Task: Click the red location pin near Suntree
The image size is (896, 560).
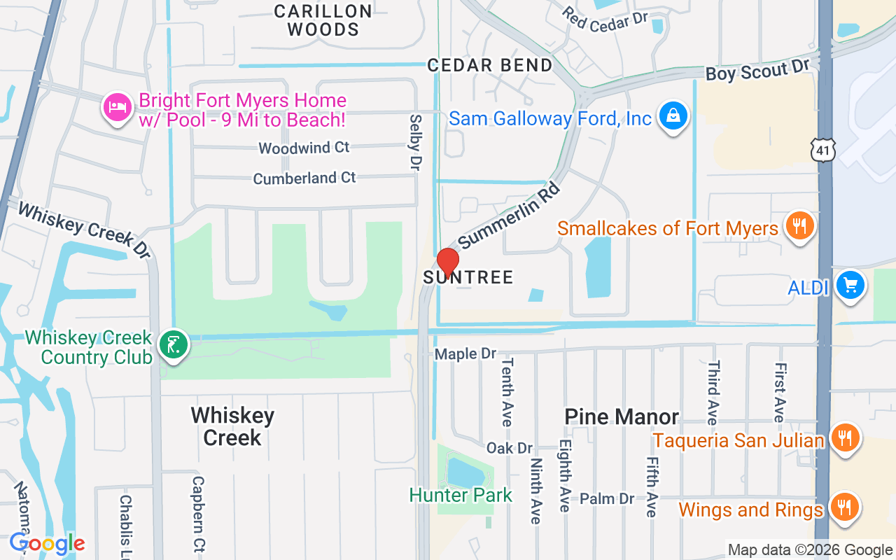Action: tap(447, 261)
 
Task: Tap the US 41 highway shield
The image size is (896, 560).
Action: tap(824, 148)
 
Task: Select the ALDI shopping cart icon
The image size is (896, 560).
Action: tap(850, 286)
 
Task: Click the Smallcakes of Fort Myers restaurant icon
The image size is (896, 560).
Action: tap(799, 226)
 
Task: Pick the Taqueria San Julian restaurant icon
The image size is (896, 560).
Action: tap(845, 438)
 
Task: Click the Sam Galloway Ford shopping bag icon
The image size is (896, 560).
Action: tap(673, 116)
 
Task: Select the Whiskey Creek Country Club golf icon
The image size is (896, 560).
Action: tap(173, 344)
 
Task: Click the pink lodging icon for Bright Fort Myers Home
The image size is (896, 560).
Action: tap(117, 108)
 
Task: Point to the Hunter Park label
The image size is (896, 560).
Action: tap(461, 495)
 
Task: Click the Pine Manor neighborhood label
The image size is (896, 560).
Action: tap(622, 417)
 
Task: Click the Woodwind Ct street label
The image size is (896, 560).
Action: tap(304, 148)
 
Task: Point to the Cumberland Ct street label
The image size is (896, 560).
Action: tap(304, 178)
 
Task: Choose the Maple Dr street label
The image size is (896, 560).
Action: tap(465, 354)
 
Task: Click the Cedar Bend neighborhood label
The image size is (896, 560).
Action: tap(490, 65)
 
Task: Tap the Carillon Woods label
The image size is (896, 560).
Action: tap(323, 20)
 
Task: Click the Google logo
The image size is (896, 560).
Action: tap(48, 543)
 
